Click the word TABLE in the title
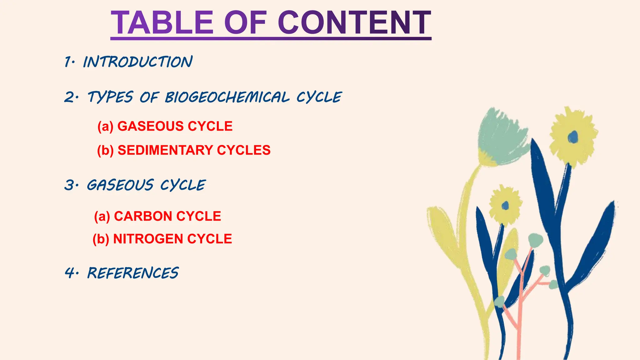[162, 23]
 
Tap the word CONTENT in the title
[354, 23]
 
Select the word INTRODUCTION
[138, 62]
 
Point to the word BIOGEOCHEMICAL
[227, 97]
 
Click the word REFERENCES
[133, 273]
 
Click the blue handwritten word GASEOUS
[120, 185]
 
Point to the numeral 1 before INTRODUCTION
[67, 62]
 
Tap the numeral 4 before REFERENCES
[69, 273]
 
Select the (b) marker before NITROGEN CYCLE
[101, 239]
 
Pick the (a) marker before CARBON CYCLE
[102, 216]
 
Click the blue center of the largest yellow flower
[573, 137]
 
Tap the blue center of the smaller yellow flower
[505, 206]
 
